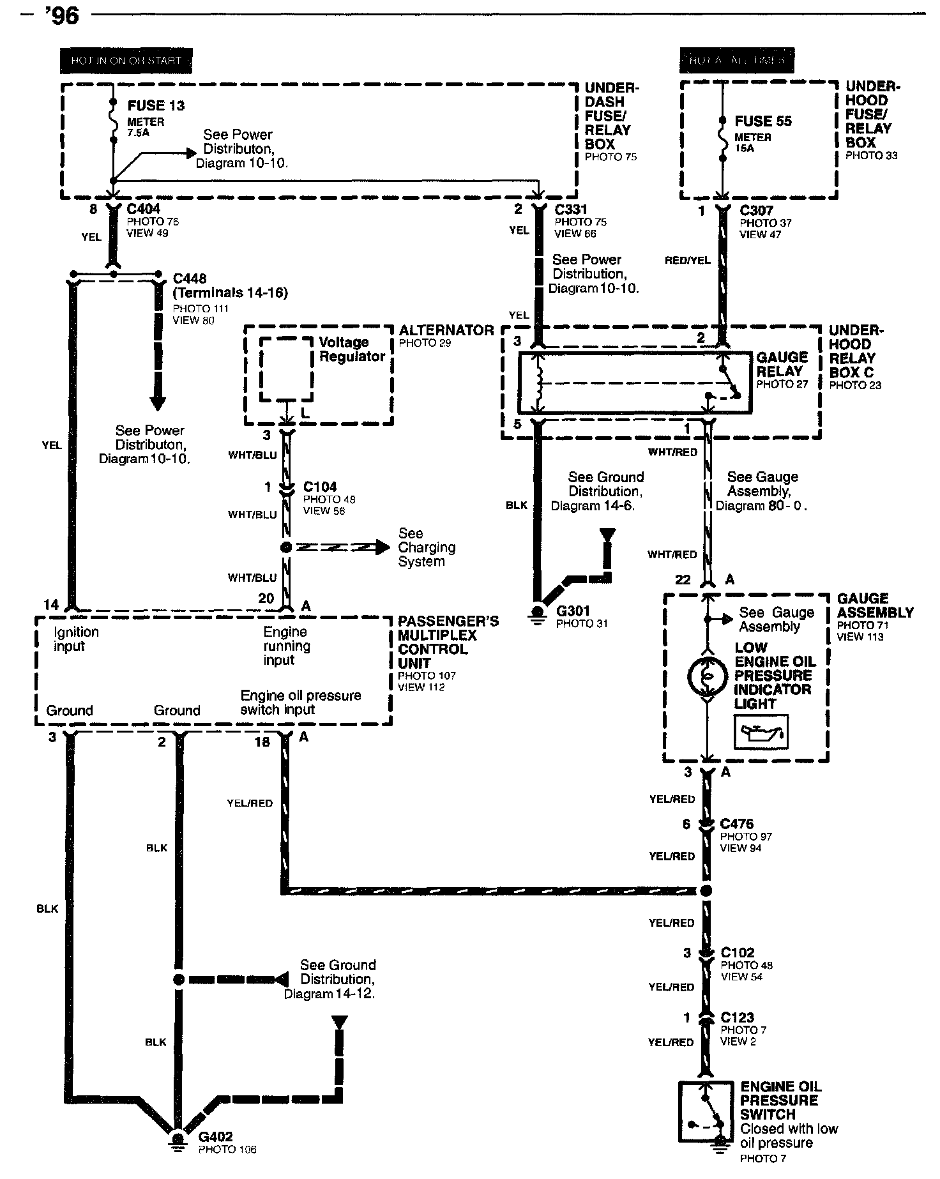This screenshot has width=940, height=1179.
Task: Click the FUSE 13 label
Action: pyautogui.click(x=156, y=105)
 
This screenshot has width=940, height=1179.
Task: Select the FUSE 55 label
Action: pyautogui.click(x=762, y=121)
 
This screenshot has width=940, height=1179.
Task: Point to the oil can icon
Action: pyautogui.click(x=761, y=732)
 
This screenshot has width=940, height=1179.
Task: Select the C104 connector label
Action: pyautogui.click(x=320, y=487)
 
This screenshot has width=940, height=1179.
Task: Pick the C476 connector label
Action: pyautogui.click(x=737, y=824)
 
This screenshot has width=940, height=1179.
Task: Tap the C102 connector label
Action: pyautogui.click(x=738, y=952)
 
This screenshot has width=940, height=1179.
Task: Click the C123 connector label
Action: pyautogui.click(x=737, y=1017)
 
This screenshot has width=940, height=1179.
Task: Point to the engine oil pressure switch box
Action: pyautogui.click(x=704, y=1112)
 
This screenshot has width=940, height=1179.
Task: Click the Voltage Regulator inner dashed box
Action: pyautogui.click(x=286, y=369)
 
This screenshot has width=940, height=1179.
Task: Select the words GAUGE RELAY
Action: pyautogui.click(x=782, y=364)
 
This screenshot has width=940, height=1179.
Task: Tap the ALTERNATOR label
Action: pyautogui.click(x=446, y=330)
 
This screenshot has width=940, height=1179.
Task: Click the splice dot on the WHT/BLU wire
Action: pyautogui.click(x=286, y=547)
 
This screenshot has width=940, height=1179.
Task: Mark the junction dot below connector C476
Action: pyautogui.click(x=706, y=891)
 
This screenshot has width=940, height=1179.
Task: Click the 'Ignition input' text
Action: pyautogui.click(x=76, y=639)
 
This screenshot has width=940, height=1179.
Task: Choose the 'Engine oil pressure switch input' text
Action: pyautogui.click(x=301, y=702)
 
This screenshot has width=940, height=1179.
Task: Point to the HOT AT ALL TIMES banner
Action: pyautogui.click(x=737, y=61)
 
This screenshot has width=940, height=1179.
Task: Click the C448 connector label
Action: pyautogui.click(x=190, y=278)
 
